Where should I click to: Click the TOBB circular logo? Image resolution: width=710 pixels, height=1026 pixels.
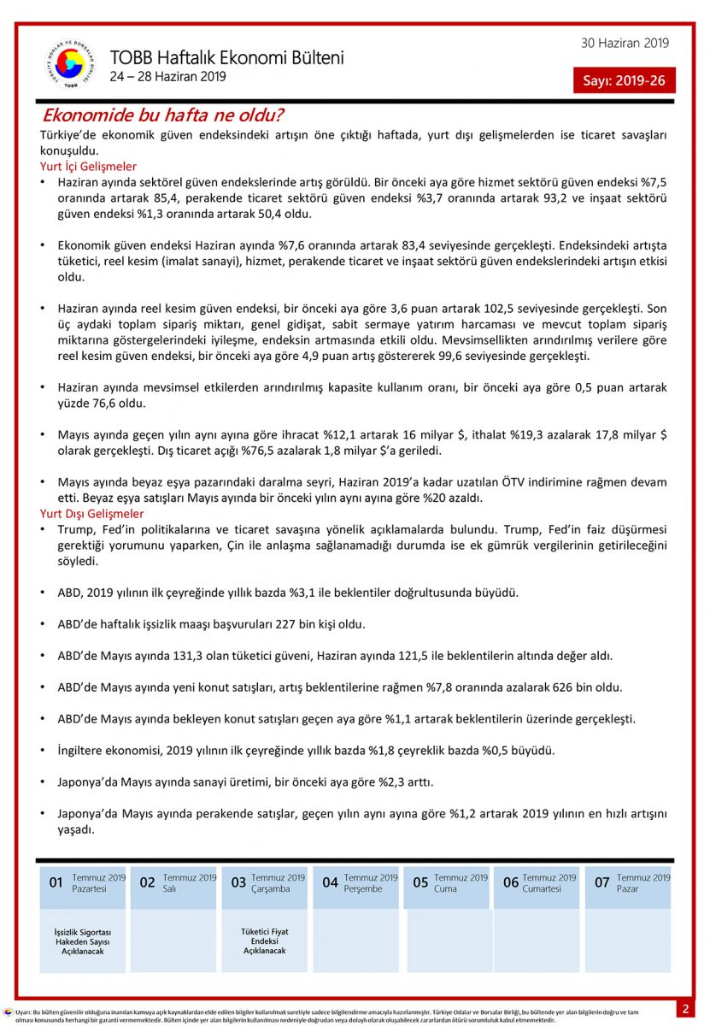tap(71, 64)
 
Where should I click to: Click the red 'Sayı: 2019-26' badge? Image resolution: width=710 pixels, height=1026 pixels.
tap(624, 80)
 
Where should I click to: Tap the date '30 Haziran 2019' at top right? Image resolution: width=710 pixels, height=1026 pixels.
tap(625, 44)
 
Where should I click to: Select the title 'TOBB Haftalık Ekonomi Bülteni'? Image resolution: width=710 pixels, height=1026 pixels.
tap(226, 58)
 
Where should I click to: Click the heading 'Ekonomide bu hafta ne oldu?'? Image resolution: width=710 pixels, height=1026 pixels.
tap(163, 115)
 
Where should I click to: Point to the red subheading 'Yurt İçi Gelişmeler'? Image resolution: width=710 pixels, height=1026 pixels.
tap(88, 167)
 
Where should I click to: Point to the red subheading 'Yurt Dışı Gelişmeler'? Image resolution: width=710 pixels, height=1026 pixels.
tap(92, 514)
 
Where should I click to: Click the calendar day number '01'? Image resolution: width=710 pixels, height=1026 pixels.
tap(56, 882)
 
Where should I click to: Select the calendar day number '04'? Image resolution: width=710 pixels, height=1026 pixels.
tap(330, 882)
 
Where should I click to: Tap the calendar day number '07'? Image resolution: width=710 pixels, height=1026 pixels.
tap(602, 882)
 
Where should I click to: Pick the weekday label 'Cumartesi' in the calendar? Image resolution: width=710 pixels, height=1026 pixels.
tap(543, 888)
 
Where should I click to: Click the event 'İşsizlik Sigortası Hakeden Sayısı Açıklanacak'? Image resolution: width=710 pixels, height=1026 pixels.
tap(83, 940)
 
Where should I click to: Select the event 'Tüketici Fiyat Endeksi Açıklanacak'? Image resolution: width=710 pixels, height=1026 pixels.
tap(265, 940)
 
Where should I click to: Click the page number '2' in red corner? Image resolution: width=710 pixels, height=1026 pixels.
tap(685, 1009)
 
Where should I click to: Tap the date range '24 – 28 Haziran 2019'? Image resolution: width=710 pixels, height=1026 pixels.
tap(167, 78)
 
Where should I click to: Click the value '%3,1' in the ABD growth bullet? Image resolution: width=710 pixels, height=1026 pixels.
tap(276, 593)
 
